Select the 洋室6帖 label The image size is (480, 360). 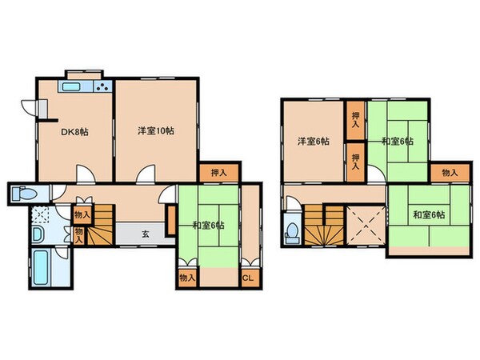click(313, 142)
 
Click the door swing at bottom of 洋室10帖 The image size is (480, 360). click(146, 174)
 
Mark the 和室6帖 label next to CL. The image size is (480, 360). click(209, 225)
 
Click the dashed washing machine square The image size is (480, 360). click(41, 214)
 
